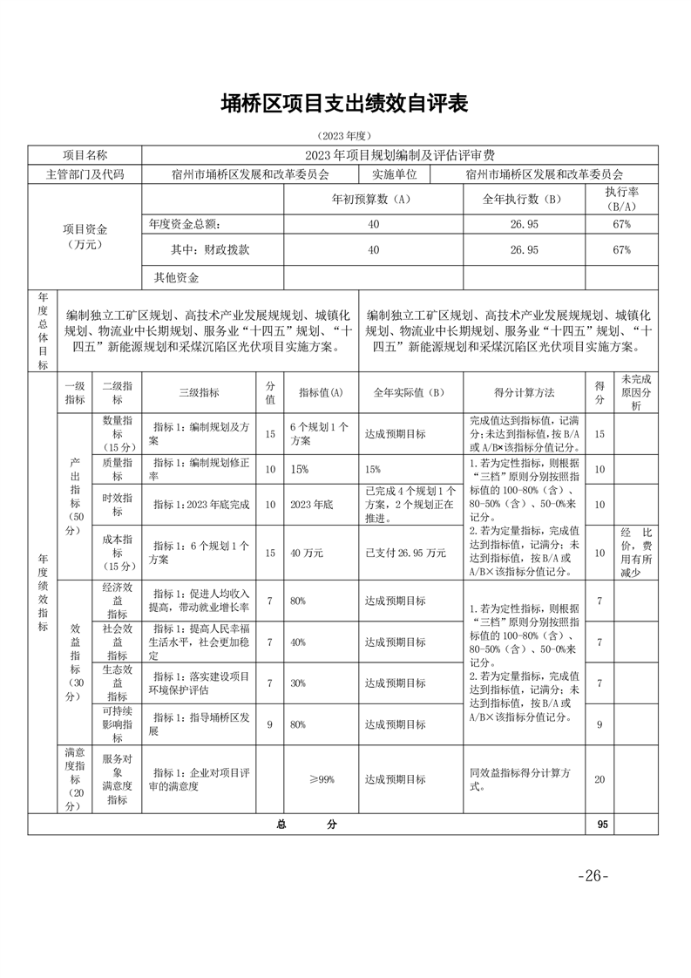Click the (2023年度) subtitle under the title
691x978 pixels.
[x=345, y=136]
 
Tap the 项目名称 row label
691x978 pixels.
[x=85, y=154]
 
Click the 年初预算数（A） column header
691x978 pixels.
[x=371, y=199]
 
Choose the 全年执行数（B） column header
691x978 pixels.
[x=524, y=199]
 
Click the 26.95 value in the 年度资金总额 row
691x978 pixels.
[x=524, y=224]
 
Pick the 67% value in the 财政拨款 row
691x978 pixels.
[x=621, y=250]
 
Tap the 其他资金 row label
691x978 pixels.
[x=176, y=278]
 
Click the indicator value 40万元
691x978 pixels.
[x=308, y=553]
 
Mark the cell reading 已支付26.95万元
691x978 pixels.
[x=405, y=553]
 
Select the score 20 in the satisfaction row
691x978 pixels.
[x=600, y=779]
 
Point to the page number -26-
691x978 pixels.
[x=592, y=876]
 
